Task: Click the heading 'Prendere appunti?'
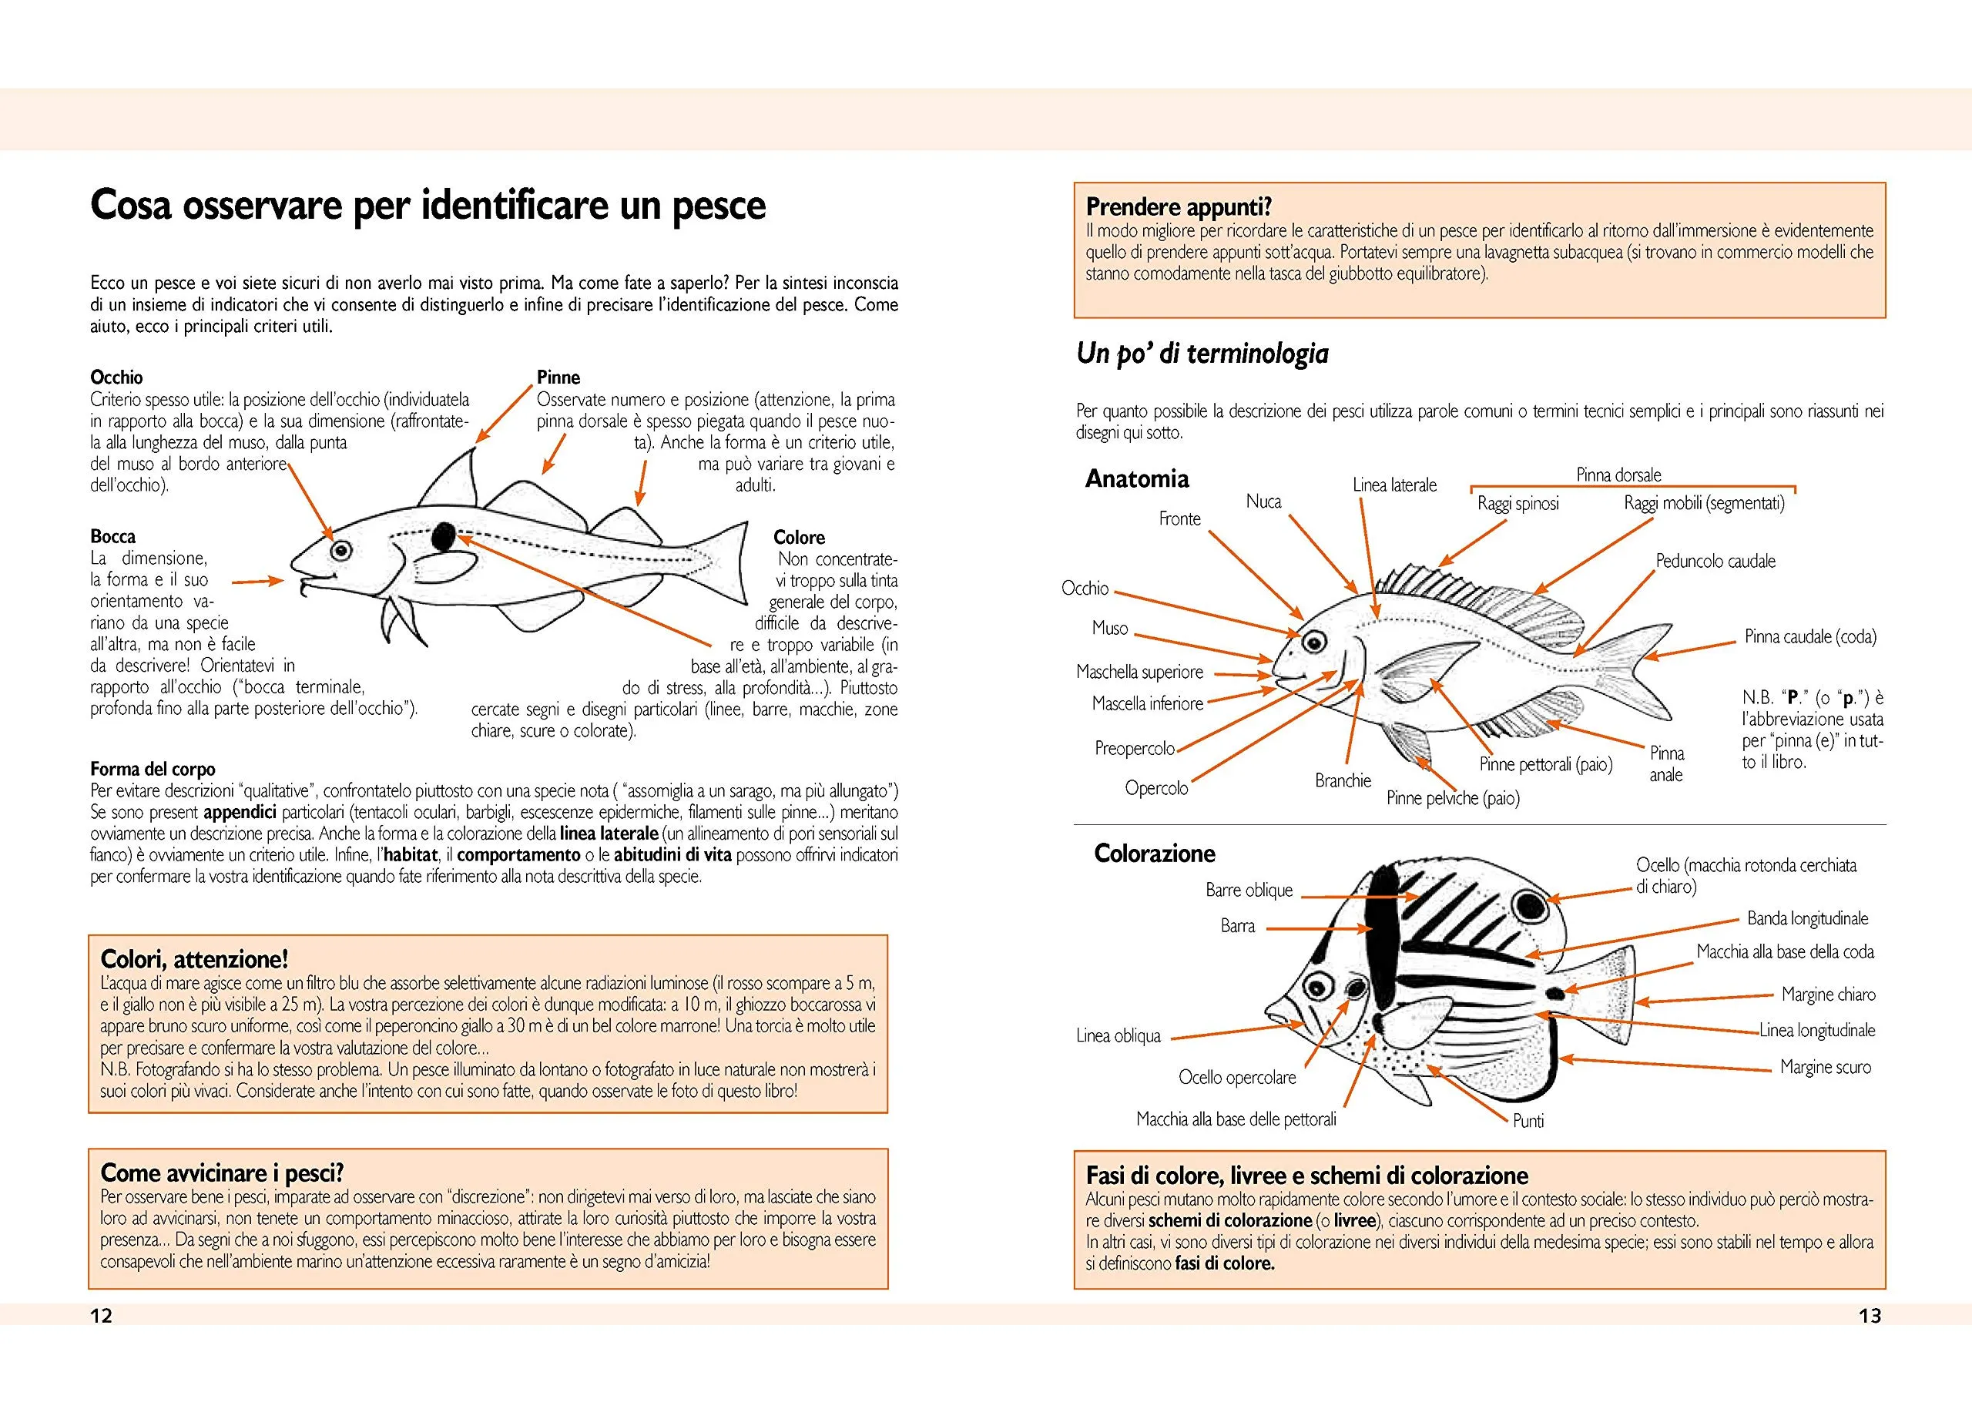pos(1178,206)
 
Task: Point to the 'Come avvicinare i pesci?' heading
pos(222,1173)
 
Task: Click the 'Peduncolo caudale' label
pos(1715,562)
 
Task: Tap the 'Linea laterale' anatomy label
pos(1394,485)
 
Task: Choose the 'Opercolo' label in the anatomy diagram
pos(1156,788)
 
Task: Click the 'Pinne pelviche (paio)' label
pos(1452,798)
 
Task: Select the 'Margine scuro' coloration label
pos(1826,1067)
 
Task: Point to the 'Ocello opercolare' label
pos(1236,1078)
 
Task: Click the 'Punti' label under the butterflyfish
pos(1528,1121)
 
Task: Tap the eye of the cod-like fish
pos(339,550)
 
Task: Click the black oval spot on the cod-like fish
pos(444,537)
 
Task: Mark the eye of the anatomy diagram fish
pos(1314,642)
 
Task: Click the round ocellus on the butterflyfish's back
pos(1525,907)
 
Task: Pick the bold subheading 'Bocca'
pos(112,536)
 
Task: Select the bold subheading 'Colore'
pos(799,537)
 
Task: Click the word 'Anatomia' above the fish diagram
pos(1136,479)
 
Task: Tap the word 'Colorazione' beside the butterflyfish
pos(1154,854)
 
